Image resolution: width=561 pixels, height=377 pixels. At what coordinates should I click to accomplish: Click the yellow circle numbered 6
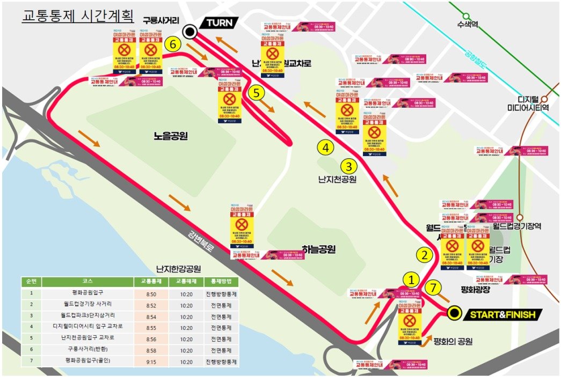click(172, 45)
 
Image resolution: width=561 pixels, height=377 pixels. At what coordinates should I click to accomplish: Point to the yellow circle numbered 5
click(257, 93)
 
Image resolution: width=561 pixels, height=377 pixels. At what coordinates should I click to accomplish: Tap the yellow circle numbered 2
click(425, 255)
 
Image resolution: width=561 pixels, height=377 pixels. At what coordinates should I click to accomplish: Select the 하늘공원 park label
click(318, 249)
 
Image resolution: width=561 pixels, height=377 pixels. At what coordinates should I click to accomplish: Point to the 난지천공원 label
click(337, 179)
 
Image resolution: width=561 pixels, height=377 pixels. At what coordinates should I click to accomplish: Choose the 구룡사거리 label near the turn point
click(160, 20)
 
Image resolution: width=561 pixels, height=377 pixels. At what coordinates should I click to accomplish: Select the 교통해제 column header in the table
click(184, 281)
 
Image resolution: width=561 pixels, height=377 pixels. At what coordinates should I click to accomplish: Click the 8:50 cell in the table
click(151, 294)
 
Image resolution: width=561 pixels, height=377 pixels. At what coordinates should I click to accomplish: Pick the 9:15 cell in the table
click(151, 361)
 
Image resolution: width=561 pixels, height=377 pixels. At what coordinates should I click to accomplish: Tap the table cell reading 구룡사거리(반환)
click(88, 350)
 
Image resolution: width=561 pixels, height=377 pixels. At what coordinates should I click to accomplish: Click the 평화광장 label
click(476, 290)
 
